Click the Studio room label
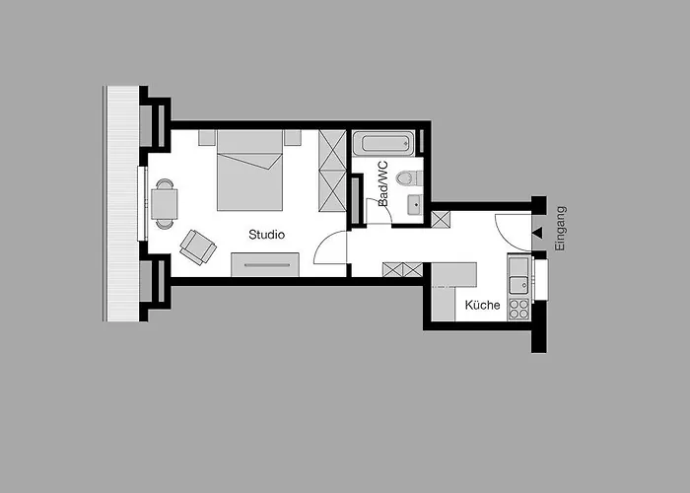click(266, 235)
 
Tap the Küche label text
click(483, 306)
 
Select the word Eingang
click(561, 229)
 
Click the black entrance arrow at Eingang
click(537, 235)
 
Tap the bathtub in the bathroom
click(386, 144)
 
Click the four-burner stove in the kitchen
click(518, 309)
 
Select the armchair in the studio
click(197, 246)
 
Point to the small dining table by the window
click(165, 203)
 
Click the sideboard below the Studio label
click(265, 264)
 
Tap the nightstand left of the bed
click(207, 138)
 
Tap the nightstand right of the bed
click(293, 138)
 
